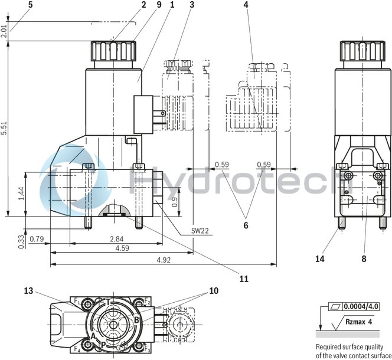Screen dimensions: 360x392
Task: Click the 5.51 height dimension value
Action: pyautogui.click(x=5, y=129)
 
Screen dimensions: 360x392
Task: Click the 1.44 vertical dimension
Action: pyautogui.click(x=22, y=194)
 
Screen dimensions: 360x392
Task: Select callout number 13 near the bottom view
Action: pyautogui.click(x=29, y=290)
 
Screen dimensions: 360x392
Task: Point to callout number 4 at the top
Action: pyautogui.click(x=246, y=5)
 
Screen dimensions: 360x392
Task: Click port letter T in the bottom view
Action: pyautogui.click(x=108, y=302)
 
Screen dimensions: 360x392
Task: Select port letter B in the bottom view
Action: pyautogui.click(x=136, y=320)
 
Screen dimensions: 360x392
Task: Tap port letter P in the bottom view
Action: pyautogui.click(x=103, y=344)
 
